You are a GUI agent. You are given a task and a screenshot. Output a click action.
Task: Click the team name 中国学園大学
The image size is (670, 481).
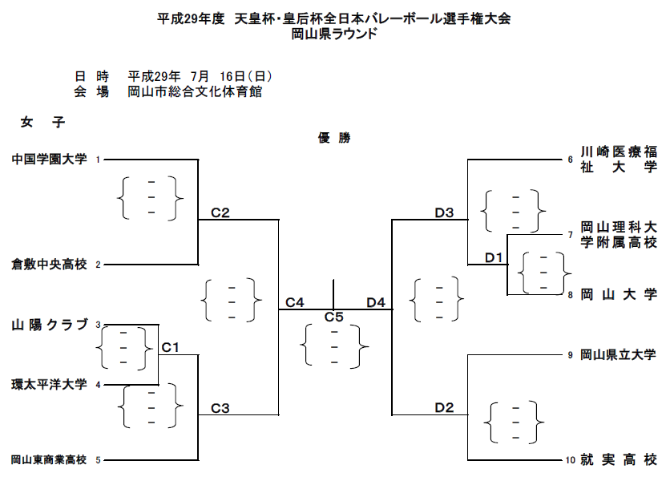point(49,159)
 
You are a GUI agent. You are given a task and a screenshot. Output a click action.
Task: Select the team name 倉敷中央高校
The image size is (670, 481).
point(49,264)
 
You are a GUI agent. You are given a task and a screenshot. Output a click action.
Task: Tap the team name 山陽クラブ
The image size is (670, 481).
point(49,325)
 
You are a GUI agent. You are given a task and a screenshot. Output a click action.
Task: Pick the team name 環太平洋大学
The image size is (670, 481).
point(49,385)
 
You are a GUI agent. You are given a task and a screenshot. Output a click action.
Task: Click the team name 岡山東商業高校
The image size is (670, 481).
point(48,460)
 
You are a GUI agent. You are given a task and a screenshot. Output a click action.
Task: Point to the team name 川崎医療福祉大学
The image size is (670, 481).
point(618,160)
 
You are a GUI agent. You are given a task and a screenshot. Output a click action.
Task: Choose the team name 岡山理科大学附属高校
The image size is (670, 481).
point(618,234)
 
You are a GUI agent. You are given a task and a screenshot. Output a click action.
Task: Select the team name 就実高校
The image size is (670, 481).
point(618,460)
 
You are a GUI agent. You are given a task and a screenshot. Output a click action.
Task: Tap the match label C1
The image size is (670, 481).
point(170,347)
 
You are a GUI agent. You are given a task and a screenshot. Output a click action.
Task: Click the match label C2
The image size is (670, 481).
point(220,212)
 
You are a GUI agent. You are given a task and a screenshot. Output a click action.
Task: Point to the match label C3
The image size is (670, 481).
point(220,408)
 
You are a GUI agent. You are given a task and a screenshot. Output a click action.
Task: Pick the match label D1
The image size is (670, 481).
point(494,257)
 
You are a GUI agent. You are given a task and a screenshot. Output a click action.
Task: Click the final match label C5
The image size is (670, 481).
point(334,317)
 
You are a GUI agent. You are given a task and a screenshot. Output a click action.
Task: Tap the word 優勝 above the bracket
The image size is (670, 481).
point(334,138)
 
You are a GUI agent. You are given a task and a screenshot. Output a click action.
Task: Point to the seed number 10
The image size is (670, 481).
point(570,460)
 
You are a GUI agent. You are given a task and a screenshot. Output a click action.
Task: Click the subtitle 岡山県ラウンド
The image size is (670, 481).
point(334,34)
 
